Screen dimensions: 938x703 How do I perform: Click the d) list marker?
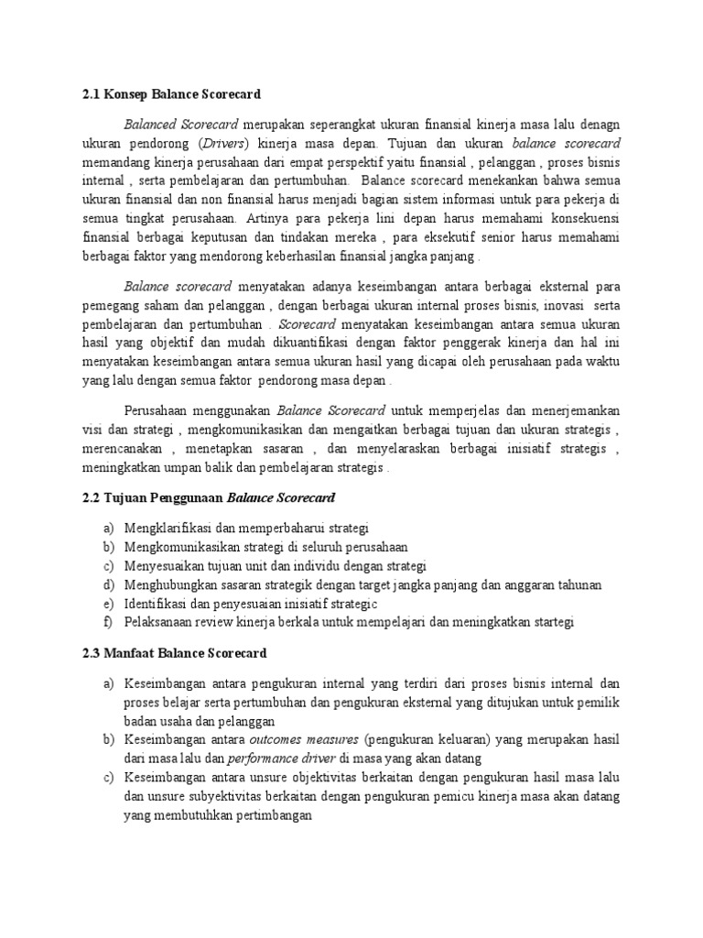coord(109,584)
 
